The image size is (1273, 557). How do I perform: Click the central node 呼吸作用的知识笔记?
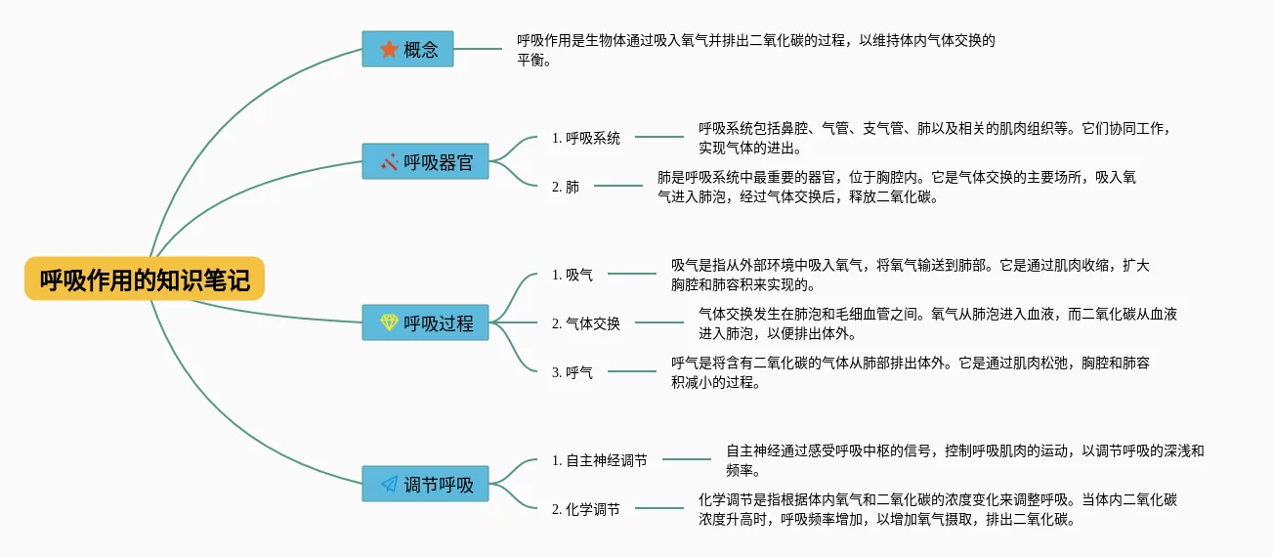pos(145,280)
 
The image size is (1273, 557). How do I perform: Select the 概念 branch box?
pos(407,49)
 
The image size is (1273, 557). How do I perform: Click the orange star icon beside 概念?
pos(388,49)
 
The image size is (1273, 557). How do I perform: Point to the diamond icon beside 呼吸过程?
pos(389,322)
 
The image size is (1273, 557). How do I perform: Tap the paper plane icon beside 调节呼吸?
pos(389,484)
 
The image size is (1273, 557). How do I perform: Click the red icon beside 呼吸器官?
pos(389,162)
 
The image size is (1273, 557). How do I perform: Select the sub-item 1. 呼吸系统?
pos(585,138)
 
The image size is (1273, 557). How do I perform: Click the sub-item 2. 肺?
pos(566,186)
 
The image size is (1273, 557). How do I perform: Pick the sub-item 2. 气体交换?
pos(585,322)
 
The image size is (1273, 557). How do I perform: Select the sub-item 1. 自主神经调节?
pos(599,459)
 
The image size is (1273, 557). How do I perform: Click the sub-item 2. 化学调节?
pos(585,508)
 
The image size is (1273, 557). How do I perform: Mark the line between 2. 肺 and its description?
pos(618,186)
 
